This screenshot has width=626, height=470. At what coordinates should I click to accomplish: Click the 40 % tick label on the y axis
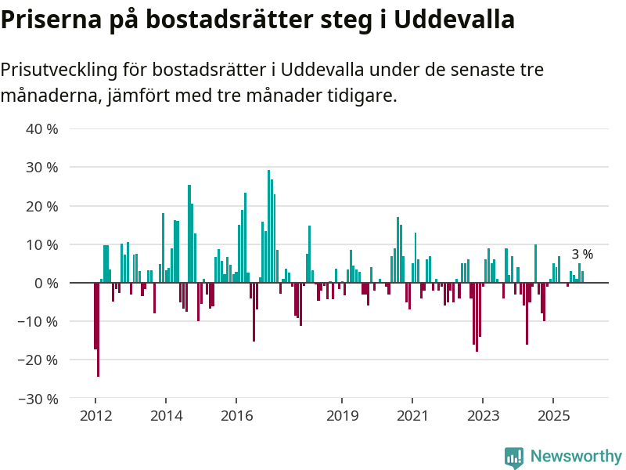pos(42,129)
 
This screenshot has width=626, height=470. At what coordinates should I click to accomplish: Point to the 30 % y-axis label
pos(42,168)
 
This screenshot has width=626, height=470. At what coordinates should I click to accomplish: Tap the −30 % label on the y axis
pos(38,399)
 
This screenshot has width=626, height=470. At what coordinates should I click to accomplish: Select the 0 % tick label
pos(45,283)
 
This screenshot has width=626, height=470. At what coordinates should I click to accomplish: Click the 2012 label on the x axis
pos(95,415)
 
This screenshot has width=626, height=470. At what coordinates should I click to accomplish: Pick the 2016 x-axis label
pos(236,415)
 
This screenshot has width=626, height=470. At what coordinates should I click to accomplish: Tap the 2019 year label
pos(342,415)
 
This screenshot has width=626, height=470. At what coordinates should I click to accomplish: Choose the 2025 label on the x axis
pos(553,415)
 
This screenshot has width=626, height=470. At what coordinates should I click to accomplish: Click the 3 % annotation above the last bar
pos(582,255)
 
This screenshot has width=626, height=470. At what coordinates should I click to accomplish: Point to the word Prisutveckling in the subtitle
pos(59,70)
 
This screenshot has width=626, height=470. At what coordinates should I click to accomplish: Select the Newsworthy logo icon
pos(514,457)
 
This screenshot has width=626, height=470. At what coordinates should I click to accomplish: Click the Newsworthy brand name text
pos(576,457)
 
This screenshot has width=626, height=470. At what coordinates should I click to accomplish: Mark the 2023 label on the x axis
pos(483,415)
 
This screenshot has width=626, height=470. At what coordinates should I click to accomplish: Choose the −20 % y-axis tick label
pos(38,360)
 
